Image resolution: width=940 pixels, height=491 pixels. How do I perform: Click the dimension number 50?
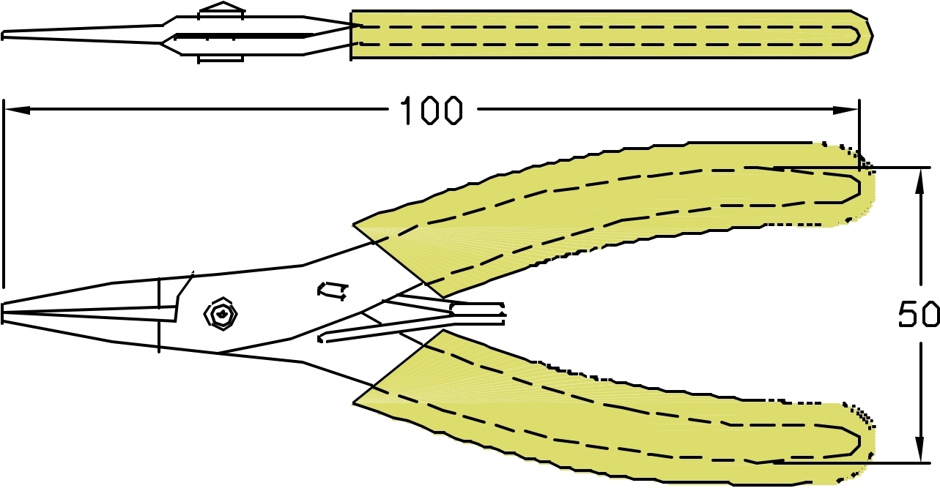point(919,315)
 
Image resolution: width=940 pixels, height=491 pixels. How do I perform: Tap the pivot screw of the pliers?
point(221,315)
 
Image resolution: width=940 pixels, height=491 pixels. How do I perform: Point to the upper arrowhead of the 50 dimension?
point(919,179)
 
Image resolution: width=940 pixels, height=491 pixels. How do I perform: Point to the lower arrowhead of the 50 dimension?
point(919,451)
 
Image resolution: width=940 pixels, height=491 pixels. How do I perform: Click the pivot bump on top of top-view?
point(221,10)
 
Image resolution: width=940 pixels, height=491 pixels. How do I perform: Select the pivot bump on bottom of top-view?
point(221,59)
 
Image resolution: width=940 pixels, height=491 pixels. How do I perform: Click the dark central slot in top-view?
point(242,35)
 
